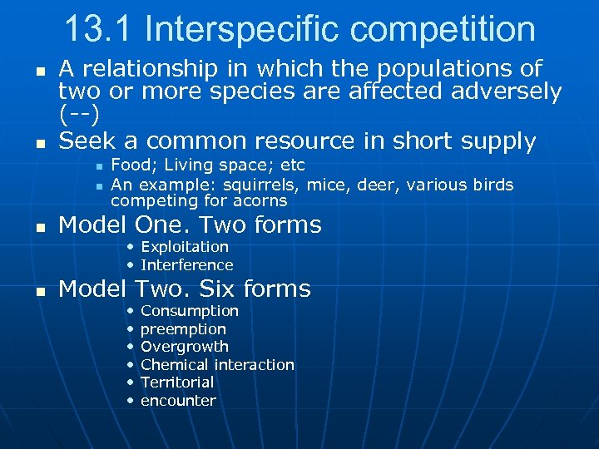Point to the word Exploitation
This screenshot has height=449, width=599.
(185, 246)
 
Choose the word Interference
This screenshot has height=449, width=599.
(187, 265)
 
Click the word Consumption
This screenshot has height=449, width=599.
(190, 311)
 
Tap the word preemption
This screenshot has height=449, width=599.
(183, 329)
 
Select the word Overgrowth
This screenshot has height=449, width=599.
(185, 347)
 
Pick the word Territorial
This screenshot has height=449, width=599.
(177, 382)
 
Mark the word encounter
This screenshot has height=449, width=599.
(178, 401)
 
